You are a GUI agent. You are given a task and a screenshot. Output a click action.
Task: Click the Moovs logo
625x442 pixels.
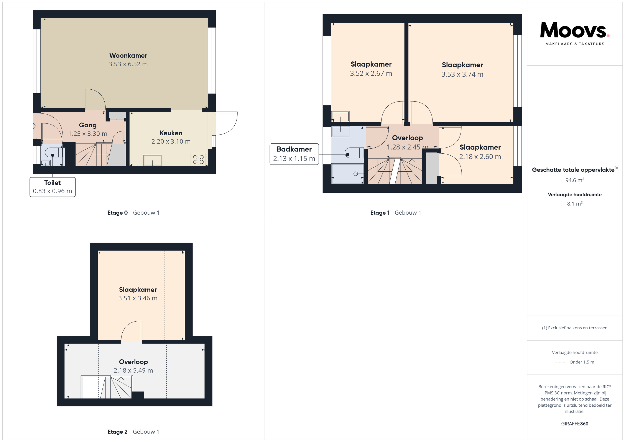pos(575,34)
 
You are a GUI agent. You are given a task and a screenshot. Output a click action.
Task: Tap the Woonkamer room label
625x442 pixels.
pos(128,56)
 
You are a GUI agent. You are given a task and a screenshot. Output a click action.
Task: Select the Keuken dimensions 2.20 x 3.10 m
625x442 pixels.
pos(171,141)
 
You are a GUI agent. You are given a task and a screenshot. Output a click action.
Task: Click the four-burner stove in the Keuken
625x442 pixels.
pos(198,159)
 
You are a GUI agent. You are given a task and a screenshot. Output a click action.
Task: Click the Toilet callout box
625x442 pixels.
pos(53,187)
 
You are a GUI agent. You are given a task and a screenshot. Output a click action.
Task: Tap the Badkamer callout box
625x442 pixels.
pos(294,154)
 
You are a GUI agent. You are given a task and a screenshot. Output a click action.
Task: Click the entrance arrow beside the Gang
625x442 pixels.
pos(34,126)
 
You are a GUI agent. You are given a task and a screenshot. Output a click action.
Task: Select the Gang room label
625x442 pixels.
pos(88,125)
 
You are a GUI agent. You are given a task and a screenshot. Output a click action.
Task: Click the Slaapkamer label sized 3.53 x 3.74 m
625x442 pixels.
pos(462,65)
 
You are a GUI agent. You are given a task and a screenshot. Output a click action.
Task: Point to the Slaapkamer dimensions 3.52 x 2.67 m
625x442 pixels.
pos(371,74)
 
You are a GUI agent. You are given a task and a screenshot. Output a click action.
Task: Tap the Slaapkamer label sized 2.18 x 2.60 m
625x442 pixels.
pos(480,147)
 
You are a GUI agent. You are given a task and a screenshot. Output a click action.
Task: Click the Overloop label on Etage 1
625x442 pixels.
pos(407,138)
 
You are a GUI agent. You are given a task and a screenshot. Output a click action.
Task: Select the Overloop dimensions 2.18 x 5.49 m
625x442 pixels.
pos(133,370)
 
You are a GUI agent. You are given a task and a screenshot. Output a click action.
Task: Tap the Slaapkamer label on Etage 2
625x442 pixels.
pos(138,290)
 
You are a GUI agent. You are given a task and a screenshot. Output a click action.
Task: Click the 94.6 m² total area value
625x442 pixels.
pos(575,180)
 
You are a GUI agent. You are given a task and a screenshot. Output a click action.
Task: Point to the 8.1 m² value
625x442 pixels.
pos(575,204)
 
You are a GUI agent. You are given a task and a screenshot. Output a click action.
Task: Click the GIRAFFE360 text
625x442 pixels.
pos(575,424)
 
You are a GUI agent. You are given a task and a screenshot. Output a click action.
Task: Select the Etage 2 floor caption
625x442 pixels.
pos(118,432)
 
